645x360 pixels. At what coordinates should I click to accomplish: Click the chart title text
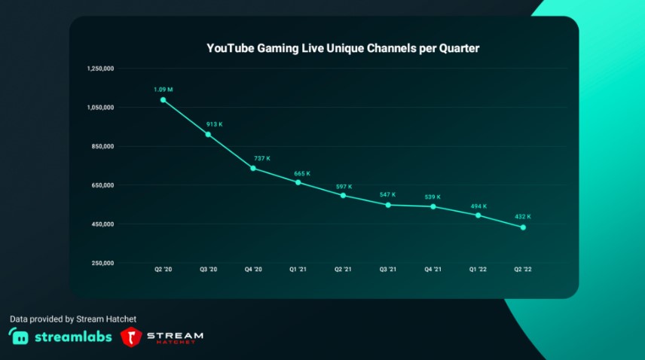[x=343, y=48]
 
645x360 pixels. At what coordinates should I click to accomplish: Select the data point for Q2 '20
[x=164, y=100]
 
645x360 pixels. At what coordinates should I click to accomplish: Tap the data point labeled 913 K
[x=208, y=134]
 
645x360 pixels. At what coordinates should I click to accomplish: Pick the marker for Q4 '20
[x=253, y=168]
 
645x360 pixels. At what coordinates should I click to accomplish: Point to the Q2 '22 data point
[x=523, y=227]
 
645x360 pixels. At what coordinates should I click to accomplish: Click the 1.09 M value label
[x=164, y=90]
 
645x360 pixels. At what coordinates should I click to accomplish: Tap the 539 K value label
[x=433, y=197]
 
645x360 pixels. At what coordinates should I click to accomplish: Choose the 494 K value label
[x=478, y=206]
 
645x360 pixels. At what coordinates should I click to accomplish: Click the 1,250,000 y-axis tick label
[x=100, y=69]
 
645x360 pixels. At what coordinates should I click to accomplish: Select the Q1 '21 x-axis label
[x=298, y=269]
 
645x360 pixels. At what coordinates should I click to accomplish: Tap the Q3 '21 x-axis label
[x=387, y=269]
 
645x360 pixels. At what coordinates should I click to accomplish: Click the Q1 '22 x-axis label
[x=478, y=269]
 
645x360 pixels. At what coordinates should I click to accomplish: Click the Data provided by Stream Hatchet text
[x=72, y=319]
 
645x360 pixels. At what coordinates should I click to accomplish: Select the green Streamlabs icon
[x=19, y=337]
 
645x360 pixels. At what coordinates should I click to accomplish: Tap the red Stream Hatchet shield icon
[x=132, y=337]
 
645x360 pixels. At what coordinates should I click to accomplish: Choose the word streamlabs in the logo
[x=72, y=337]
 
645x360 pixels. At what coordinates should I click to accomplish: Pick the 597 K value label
[x=343, y=186]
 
